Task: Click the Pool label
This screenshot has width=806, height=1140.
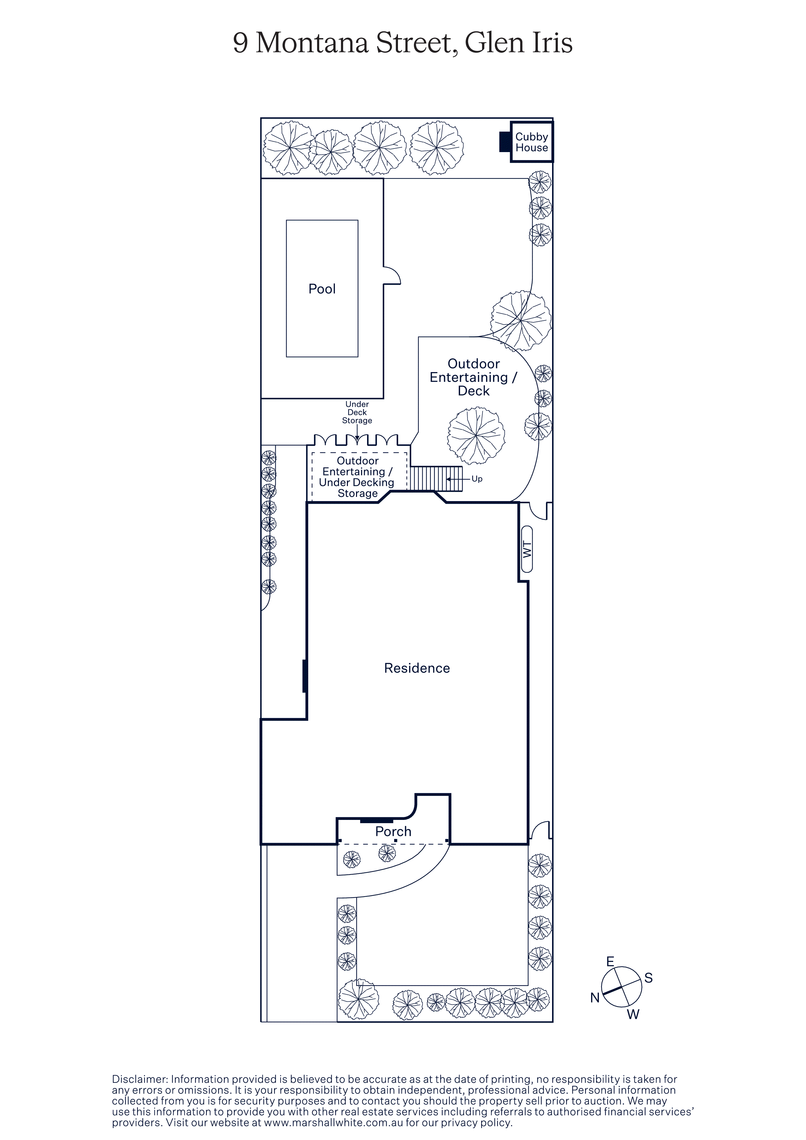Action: [x=322, y=289]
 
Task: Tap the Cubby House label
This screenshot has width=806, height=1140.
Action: [x=531, y=142]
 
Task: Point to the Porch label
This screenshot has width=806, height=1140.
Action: [x=393, y=831]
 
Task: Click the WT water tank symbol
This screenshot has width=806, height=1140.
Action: [x=527, y=549]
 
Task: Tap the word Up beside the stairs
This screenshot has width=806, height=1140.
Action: [x=477, y=479]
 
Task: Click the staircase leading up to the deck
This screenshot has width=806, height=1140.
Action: [x=436, y=479]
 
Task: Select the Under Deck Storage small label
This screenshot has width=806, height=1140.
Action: [x=357, y=412]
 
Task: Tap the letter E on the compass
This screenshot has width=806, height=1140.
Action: [x=610, y=961]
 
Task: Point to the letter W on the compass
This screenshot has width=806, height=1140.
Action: [x=633, y=1014]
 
